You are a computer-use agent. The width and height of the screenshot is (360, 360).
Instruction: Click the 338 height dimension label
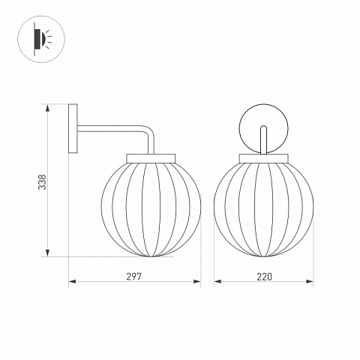click(43, 182)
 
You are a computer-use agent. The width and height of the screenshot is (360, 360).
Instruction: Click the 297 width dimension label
click(133, 277)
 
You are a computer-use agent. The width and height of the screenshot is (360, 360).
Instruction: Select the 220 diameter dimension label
click(264, 277)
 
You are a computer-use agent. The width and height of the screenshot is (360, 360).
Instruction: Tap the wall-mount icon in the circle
click(41, 39)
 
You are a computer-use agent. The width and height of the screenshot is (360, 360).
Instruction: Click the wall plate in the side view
click(73, 128)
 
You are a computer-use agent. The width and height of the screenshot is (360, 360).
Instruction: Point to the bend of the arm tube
click(149, 130)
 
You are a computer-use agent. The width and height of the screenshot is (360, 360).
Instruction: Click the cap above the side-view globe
click(151, 158)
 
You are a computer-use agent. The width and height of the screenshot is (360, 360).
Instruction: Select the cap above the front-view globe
click(264, 158)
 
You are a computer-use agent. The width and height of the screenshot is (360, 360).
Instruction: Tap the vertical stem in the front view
click(263, 139)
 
